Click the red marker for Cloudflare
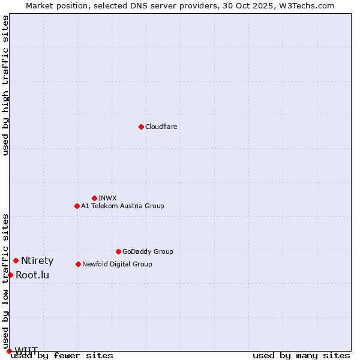[141, 127]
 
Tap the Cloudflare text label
[161, 127]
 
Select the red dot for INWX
[94, 198]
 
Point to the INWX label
[107, 198]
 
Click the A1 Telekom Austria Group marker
[77, 206]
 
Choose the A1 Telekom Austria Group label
[122, 206]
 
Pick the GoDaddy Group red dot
[118, 251]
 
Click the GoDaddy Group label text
[148, 251]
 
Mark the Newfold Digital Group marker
[78, 264]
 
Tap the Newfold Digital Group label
[117, 264]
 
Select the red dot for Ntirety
[16, 260]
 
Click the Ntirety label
[37, 260]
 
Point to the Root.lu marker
[10, 275]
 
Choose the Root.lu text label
[32, 275]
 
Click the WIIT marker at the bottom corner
[9, 351]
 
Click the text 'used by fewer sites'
[62, 355]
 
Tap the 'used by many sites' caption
[301, 355]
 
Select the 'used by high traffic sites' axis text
[5, 85]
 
